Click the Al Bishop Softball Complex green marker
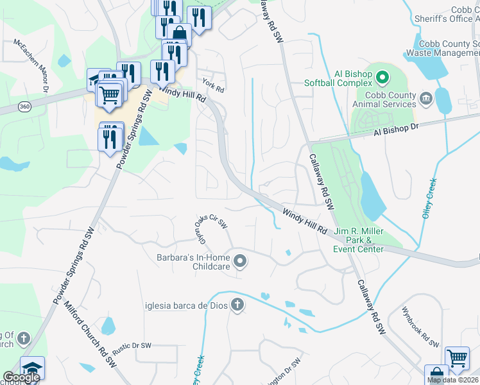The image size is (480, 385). tap(383, 79)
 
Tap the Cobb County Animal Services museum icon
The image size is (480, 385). tap(425, 99)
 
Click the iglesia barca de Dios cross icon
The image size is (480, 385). tap(237, 305)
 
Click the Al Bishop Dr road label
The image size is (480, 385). tap(396, 130)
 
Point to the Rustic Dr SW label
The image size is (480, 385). tap(132, 348)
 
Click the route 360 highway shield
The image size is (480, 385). tap(24, 105)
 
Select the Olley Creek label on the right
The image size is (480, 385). tap(429, 198)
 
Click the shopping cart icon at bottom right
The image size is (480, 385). tap(458, 358)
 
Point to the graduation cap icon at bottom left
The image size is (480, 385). tap(32, 368)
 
